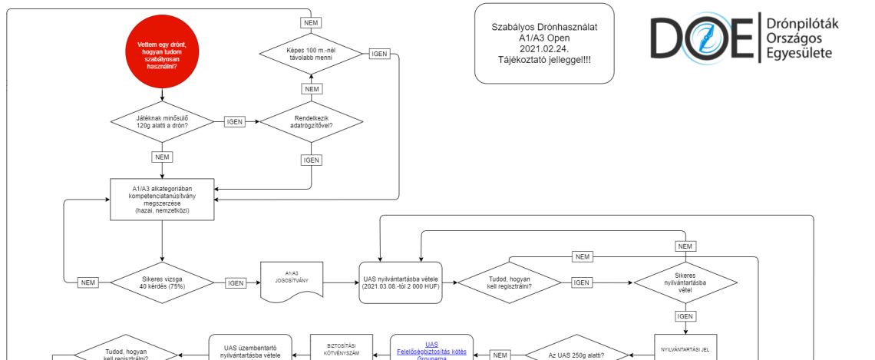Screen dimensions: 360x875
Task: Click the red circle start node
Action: [162, 56]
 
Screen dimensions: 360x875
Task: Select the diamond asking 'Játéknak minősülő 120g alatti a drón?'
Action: [162, 122]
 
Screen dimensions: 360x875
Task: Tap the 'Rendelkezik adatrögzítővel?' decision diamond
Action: [311, 122]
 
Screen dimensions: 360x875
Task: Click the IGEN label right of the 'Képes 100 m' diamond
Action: [379, 53]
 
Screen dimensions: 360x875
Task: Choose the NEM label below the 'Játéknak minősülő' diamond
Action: [162, 157]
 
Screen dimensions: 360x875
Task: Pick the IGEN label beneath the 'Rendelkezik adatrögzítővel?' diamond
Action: [311, 160]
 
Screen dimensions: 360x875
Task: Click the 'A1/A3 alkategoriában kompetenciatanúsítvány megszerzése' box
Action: [162, 198]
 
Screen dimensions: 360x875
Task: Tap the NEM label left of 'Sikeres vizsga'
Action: [89, 282]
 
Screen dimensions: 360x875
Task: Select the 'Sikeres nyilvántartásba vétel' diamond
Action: [685, 282]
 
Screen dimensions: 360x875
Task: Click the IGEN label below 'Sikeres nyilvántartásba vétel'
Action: [685, 315]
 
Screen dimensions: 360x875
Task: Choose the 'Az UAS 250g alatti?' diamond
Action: [576, 354]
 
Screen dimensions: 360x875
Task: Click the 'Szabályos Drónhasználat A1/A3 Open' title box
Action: [544, 42]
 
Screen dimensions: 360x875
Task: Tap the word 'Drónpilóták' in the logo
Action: [802, 25]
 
